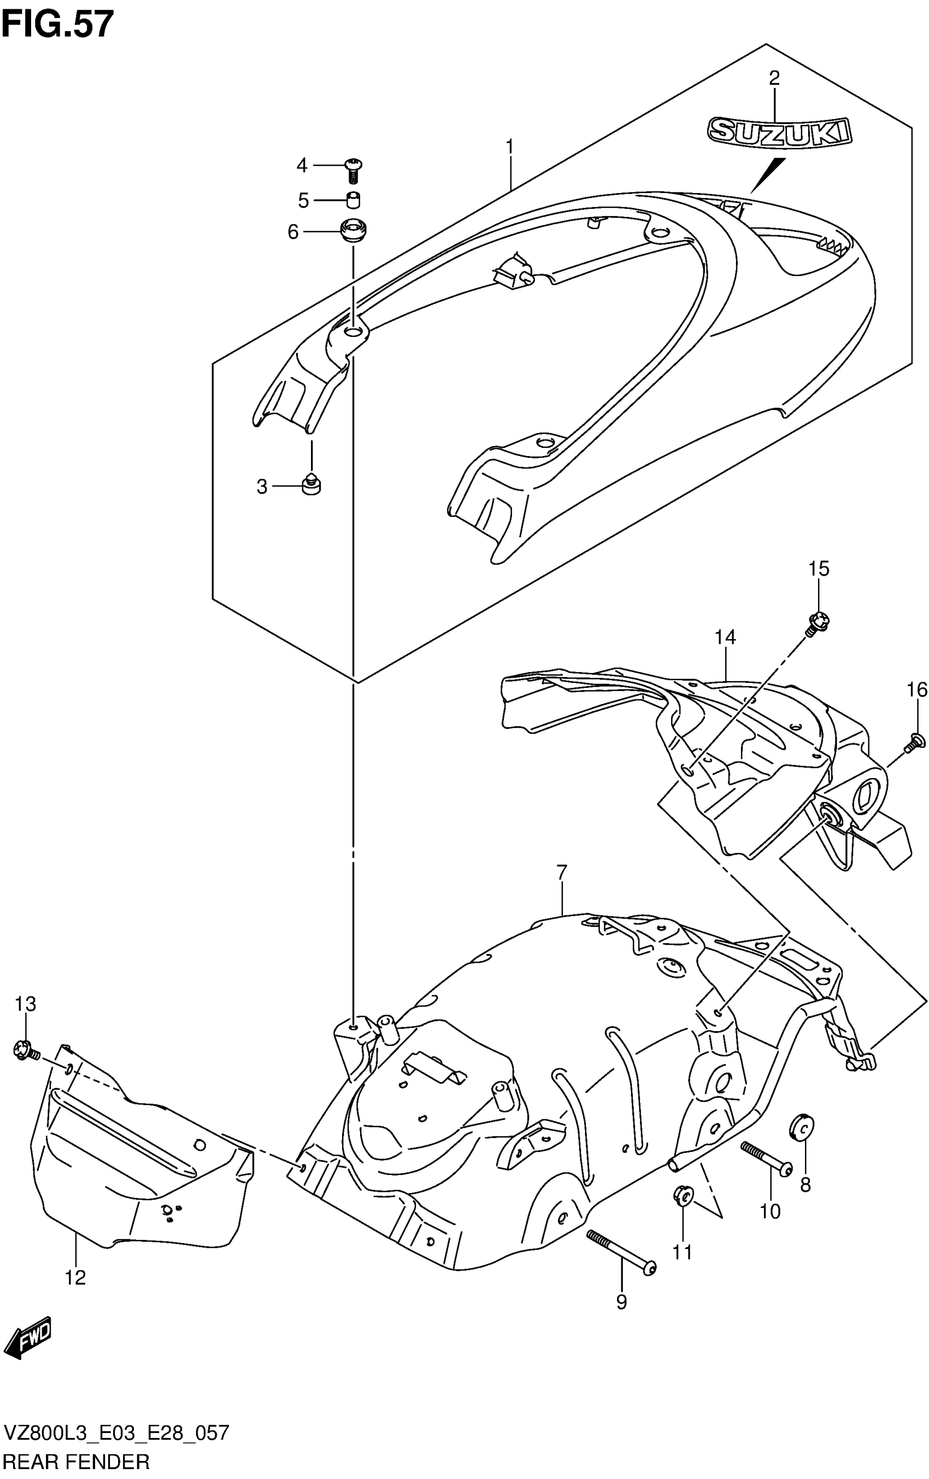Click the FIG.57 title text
pos(58,25)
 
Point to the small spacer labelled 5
pos(352,200)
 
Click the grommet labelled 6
pos(353,231)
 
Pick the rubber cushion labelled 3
pos(312,485)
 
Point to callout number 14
pos(725,637)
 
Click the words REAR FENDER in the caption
pos(76,1462)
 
